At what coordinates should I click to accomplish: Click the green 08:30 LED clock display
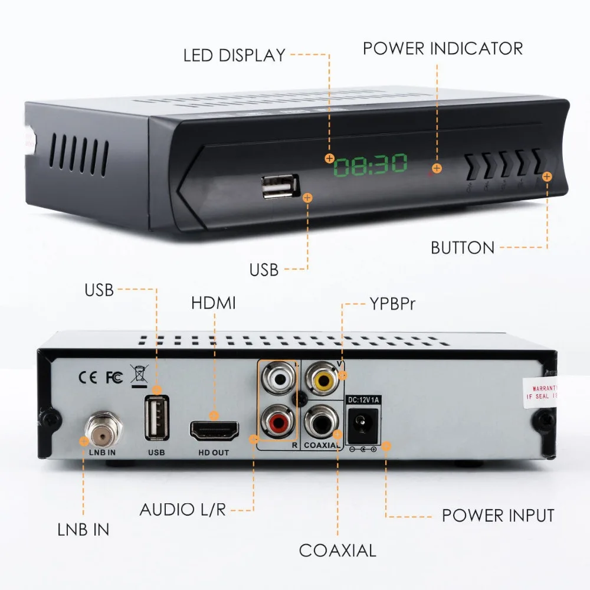(370, 166)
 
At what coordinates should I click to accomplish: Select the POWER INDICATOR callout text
(442, 48)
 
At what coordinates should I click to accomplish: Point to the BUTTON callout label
(463, 248)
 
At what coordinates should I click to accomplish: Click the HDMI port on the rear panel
(214, 430)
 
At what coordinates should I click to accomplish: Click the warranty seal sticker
(539, 392)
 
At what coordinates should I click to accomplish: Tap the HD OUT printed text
(214, 452)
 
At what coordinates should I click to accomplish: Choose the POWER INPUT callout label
(498, 515)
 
